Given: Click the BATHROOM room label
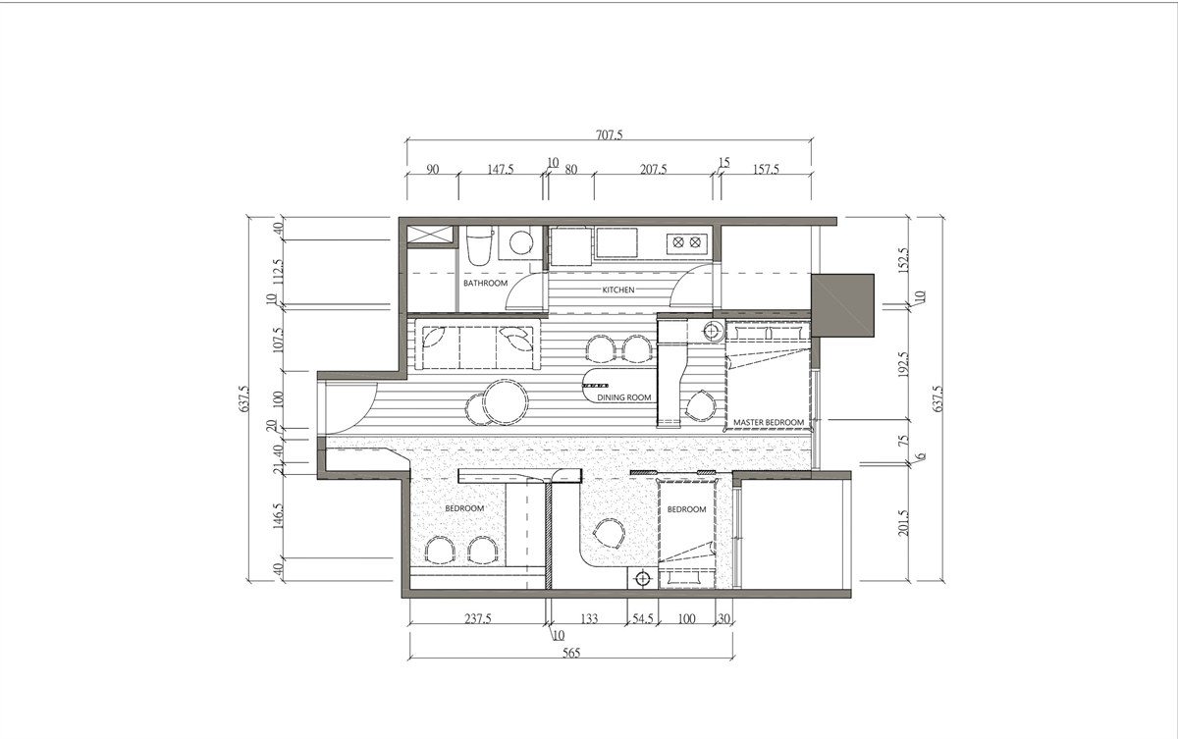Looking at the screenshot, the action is tap(485, 283).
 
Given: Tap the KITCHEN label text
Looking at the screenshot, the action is tap(618, 290).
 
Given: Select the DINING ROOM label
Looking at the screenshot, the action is tap(624, 397).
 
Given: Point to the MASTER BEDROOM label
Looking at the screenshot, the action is tap(769, 422).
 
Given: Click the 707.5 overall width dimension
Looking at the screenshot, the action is tap(609, 135).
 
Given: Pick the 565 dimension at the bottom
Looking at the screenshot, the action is tap(571, 653).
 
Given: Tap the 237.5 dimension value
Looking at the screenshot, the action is tap(477, 618).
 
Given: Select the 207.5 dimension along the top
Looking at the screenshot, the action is tap(653, 169).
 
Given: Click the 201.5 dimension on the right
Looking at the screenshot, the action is tap(903, 522).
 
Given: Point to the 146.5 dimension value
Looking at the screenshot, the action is tap(278, 515).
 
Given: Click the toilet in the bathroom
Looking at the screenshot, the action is tap(479, 245).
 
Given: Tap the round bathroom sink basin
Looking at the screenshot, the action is tap(521, 242).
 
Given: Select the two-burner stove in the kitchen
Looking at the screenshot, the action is tap(687, 242).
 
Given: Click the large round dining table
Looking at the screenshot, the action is tap(505, 402).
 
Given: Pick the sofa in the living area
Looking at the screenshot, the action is tap(477, 344).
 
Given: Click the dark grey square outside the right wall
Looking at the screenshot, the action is tap(842, 305).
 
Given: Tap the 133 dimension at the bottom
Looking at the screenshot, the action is tap(589, 618).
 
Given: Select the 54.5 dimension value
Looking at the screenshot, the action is tap(643, 618).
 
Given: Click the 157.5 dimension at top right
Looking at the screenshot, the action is tap(766, 169).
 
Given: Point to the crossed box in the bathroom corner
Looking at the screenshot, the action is tap(430, 235).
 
